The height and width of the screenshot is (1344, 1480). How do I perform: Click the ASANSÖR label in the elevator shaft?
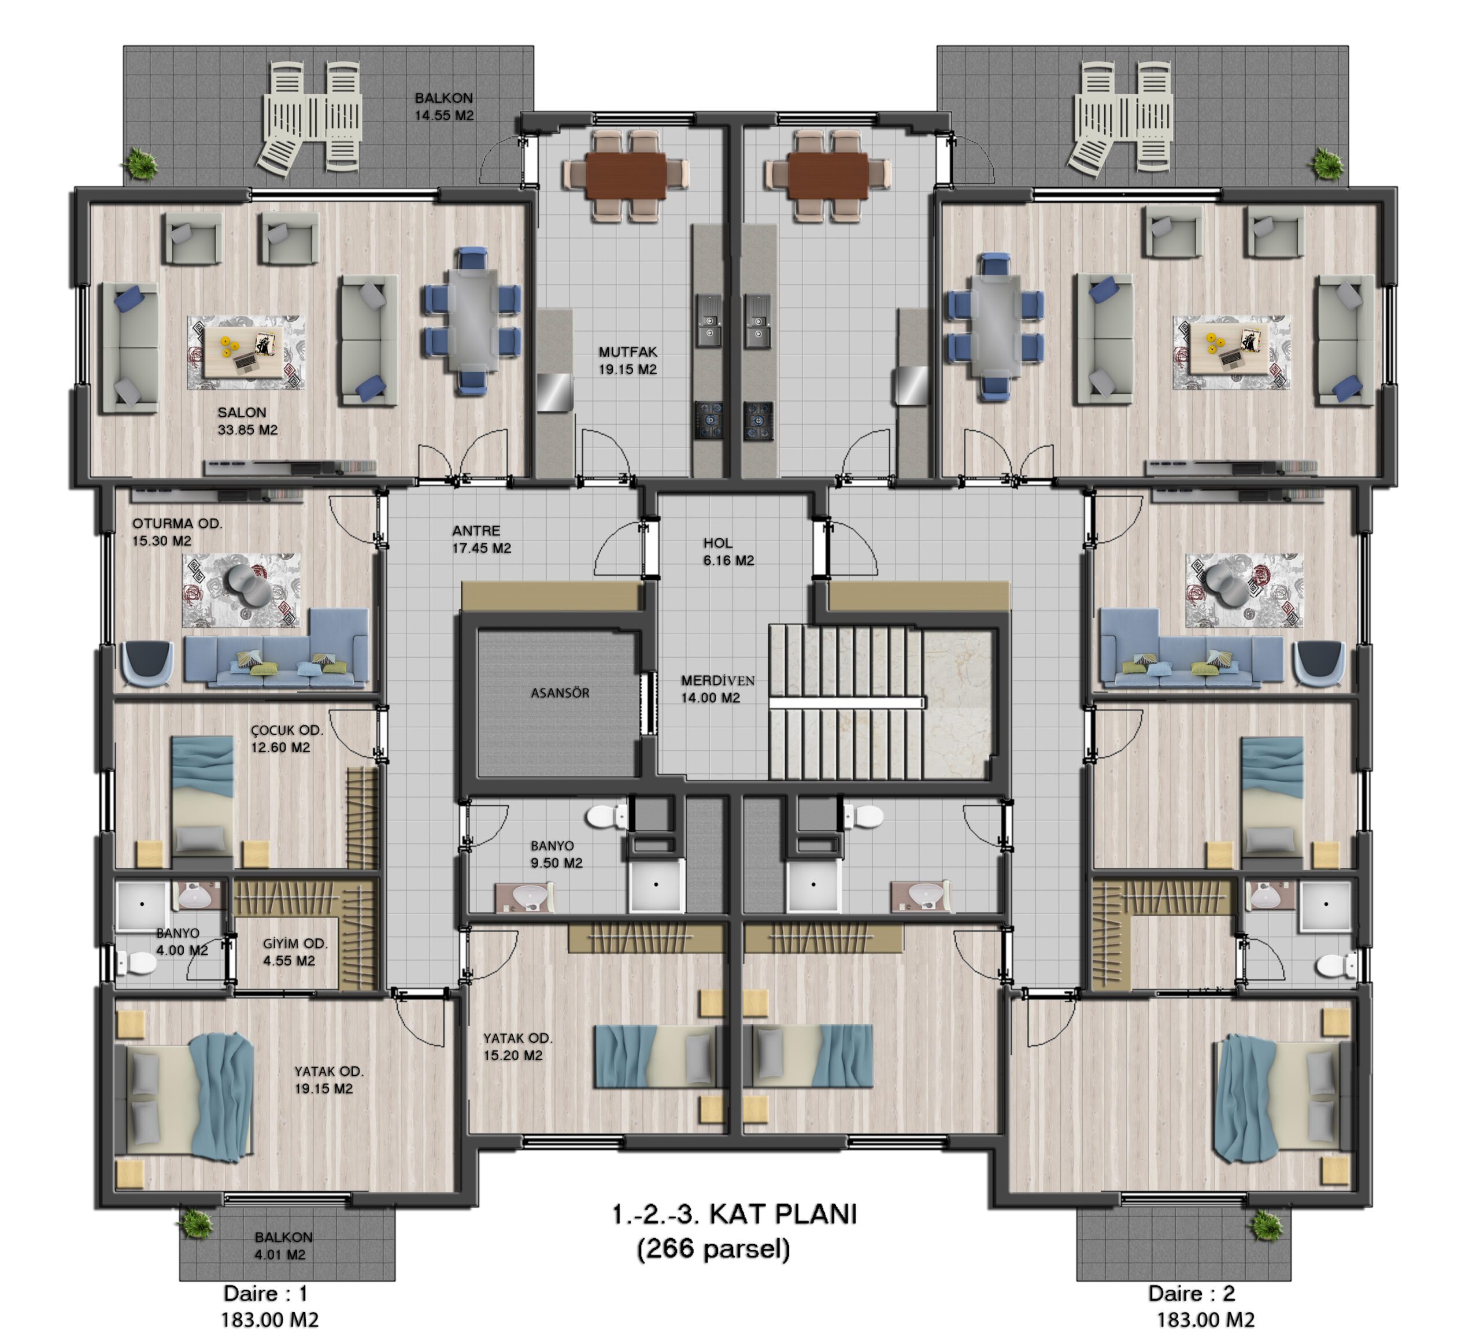pos(560,693)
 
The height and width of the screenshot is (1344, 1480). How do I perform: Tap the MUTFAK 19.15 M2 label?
pos(628,360)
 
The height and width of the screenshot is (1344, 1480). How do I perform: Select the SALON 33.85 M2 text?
pos(247,421)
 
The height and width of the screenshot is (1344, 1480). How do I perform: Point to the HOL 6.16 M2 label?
pos(728,552)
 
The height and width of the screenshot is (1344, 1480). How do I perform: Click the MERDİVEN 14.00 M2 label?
pos(717,689)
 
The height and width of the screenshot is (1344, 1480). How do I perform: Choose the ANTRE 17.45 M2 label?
pos(482,539)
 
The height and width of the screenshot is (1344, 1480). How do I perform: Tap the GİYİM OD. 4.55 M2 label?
pos(295,952)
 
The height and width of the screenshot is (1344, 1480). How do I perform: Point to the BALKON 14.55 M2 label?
pos(444,106)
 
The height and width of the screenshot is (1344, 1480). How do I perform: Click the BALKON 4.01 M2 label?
pos(283,1246)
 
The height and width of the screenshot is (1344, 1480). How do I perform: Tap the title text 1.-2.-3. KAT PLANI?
pos(734,1215)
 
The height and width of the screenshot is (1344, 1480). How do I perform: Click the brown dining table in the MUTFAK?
pos(626,175)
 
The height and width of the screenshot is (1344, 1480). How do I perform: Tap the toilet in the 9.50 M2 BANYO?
pos(607,814)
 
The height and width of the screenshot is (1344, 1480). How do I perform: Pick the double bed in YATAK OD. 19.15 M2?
pos(190,1095)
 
